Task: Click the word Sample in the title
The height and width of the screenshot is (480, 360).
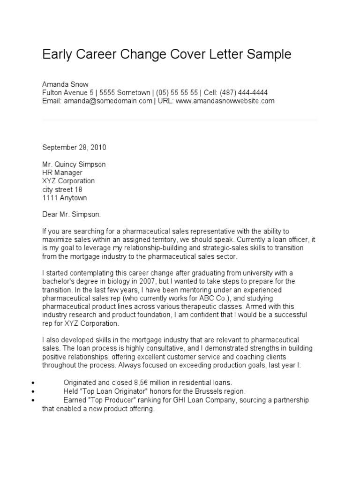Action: [269, 54]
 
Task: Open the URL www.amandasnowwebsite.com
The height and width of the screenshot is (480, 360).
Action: [225, 101]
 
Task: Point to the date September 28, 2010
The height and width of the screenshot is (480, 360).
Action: [74, 147]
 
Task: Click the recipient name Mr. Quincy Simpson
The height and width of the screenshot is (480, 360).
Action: [74, 165]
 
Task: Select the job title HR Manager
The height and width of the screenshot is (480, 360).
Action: [62, 172]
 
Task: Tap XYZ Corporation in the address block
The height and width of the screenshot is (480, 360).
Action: [68, 181]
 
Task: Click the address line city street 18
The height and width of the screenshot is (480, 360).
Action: [62, 189]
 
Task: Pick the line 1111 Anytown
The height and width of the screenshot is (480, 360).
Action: [65, 198]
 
